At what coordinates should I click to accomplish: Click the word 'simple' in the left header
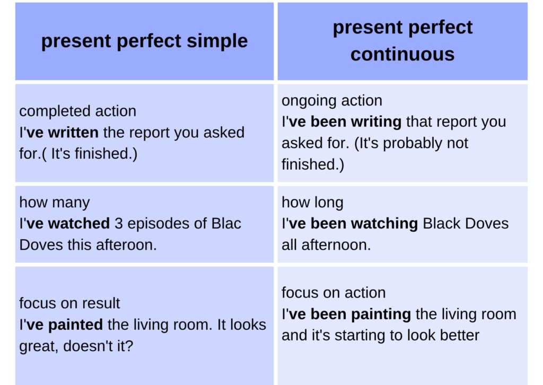coord(217,41)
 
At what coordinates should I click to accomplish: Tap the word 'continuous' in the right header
coord(402,55)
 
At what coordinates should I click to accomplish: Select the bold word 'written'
coord(73,133)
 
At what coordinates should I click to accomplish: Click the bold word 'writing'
coord(376,122)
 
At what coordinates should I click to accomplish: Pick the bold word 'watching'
coord(384,224)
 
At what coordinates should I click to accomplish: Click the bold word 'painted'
coord(75,325)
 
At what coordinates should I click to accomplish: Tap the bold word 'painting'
coord(381,314)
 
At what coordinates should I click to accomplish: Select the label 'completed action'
coord(77,111)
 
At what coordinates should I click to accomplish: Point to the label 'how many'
coord(55,203)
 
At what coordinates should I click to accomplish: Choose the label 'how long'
coord(312,203)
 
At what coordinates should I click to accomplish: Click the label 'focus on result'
coord(69,303)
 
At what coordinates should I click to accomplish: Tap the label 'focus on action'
coord(334,293)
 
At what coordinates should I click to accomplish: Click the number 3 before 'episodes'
coord(118,224)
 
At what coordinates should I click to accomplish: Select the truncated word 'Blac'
coord(226,223)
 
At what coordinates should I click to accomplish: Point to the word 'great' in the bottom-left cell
coord(38,347)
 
